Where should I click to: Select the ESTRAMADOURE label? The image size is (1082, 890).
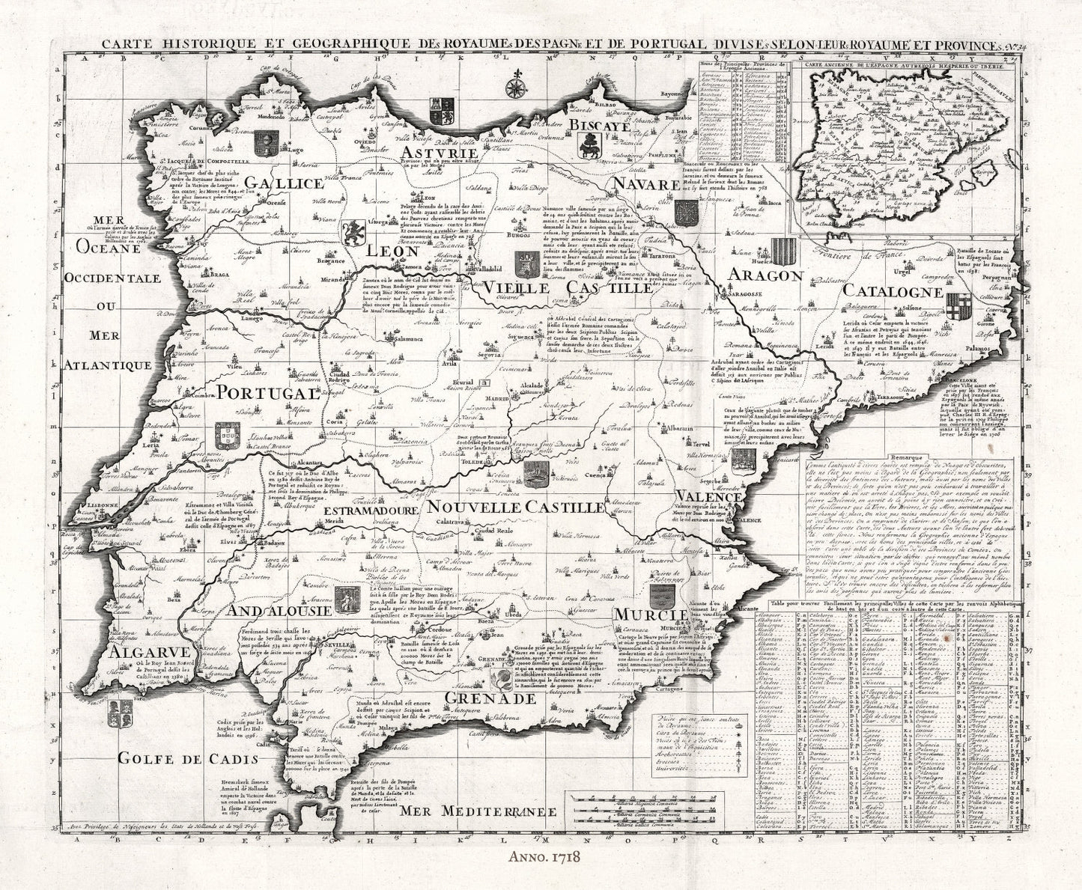[x=371, y=511]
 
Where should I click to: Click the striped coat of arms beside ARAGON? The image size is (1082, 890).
[x=785, y=249]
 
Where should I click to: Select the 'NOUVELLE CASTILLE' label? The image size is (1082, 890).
[x=514, y=507]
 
